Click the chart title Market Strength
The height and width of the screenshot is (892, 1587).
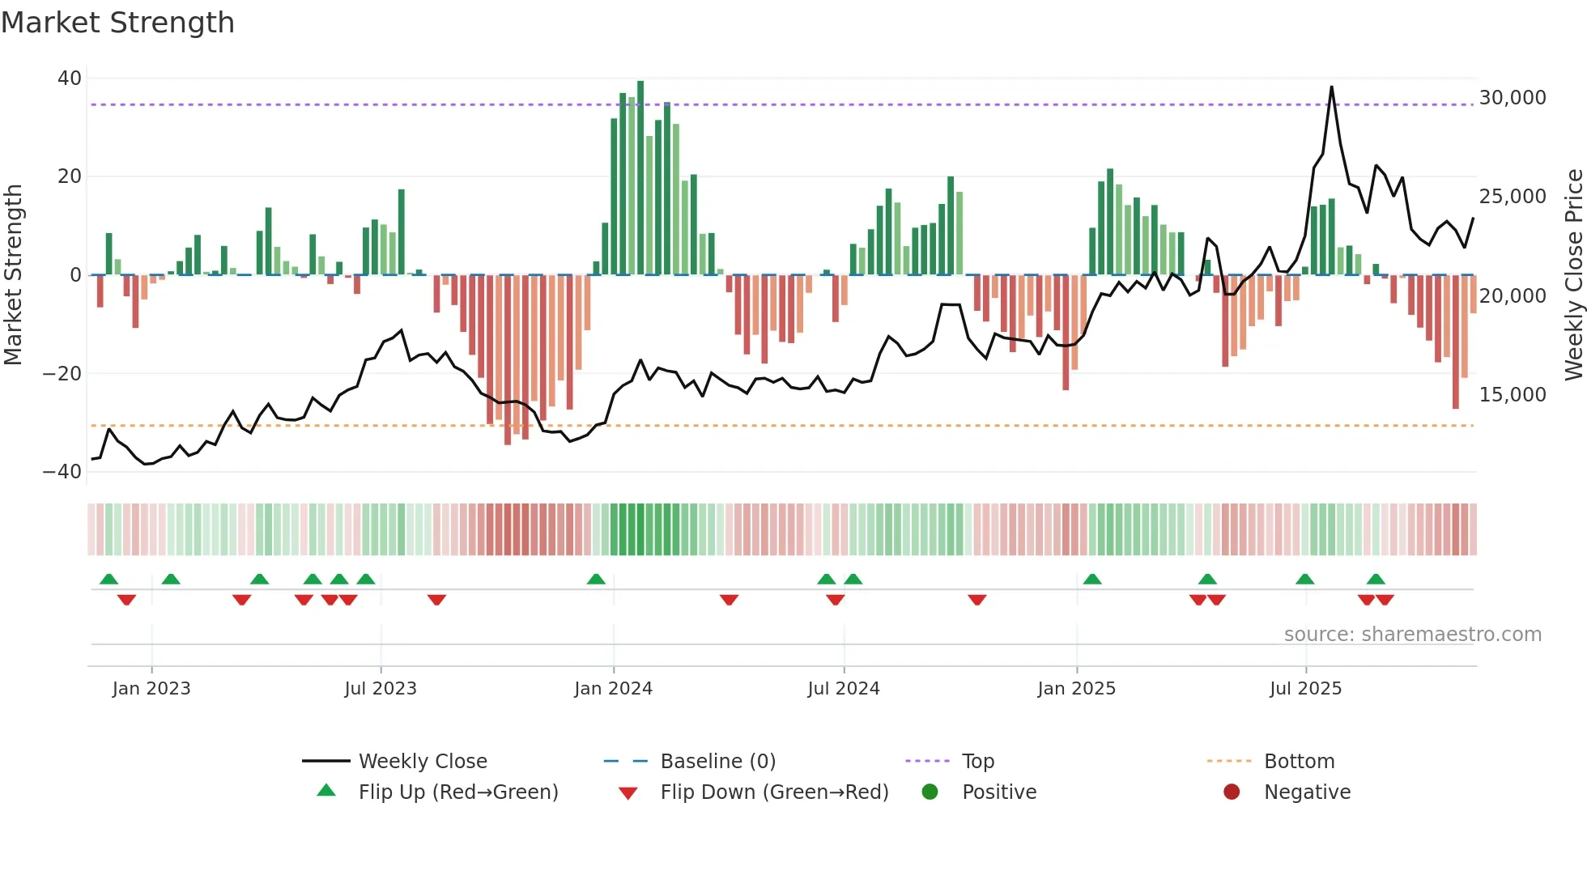click(x=117, y=23)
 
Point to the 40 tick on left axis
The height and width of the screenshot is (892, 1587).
click(x=70, y=79)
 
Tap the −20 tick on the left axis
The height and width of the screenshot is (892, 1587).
click(x=62, y=373)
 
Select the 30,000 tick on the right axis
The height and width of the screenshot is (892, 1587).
click(x=1512, y=98)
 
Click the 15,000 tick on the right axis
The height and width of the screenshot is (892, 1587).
click(x=1512, y=395)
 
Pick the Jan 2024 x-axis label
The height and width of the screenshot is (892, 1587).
click(x=613, y=689)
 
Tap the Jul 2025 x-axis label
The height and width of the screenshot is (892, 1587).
click(x=1305, y=689)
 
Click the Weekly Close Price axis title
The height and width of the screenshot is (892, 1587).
click(x=1573, y=274)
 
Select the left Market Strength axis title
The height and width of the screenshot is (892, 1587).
click(x=14, y=274)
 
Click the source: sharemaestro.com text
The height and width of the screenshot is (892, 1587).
click(x=1412, y=635)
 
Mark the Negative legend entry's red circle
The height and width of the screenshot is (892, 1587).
click(x=1232, y=792)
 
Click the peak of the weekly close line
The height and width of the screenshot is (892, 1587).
click(x=1331, y=87)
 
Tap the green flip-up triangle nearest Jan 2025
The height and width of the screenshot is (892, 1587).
click(x=1092, y=579)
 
